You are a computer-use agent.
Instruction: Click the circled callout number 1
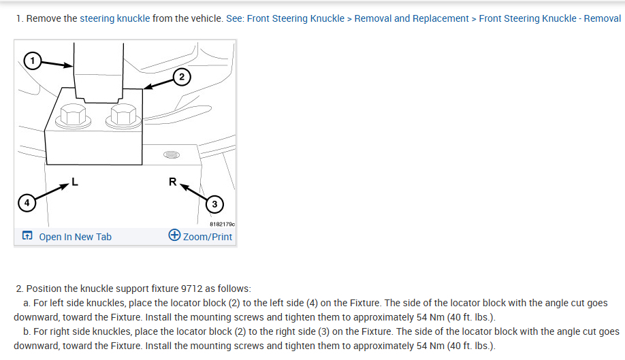click(x=31, y=61)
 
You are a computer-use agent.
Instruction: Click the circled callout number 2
click(x=180, y=76)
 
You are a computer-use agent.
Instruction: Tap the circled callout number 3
click(x=215, y=203)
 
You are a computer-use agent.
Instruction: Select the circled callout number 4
click(x=26, y=202)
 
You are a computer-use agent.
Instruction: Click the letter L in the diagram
click(x=75, y=182)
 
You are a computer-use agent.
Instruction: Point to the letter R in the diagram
click(x=173, y=182)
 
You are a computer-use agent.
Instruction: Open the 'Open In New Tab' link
click(x=75, y=237)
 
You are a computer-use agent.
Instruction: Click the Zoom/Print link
click(x=208, y=237)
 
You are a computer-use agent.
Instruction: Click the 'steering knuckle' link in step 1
click(x=114, y=18)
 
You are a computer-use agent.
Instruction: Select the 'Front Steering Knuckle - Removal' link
click(x=549, y=18)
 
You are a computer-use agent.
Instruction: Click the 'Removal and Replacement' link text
click(x=412, y=18)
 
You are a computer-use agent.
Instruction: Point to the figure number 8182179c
click(x=221, y=223)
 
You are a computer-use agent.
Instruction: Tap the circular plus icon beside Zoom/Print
click(x=174, y=236)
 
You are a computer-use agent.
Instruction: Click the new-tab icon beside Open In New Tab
click(x=27, y=237)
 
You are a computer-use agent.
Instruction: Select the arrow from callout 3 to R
click(x=194, y=191)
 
